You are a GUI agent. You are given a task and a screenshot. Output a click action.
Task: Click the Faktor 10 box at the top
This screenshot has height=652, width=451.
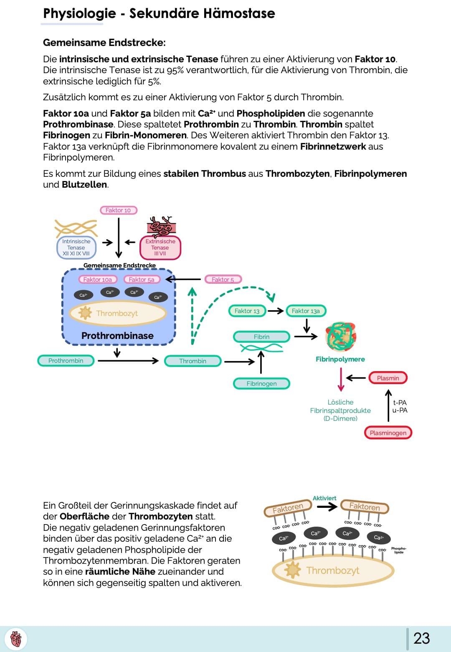coord(119,210)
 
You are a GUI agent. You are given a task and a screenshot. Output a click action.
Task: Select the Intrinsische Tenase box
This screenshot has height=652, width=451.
coord(76,247)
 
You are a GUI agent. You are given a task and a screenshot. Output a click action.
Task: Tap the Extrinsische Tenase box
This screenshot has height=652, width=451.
coord(160,247)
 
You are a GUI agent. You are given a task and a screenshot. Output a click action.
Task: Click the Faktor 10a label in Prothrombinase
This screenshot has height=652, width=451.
coord(98,280)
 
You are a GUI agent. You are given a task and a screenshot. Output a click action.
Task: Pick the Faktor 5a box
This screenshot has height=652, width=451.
coord(142,280)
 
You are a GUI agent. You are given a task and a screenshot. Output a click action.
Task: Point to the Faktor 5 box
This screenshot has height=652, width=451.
coord(223,280)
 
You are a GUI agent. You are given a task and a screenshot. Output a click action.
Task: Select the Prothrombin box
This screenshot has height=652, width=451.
coord(66,361)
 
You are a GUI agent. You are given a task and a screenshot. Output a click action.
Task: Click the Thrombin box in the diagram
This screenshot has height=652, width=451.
coord(193,361)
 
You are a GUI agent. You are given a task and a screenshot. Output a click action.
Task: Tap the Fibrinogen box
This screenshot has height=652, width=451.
coord(261,384)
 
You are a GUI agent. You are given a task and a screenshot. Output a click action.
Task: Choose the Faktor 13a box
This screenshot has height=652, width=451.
coord(306,311)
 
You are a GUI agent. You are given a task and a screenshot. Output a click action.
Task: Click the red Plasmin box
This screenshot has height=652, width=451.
coord(388,378)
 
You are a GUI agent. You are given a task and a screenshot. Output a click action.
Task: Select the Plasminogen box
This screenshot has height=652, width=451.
coord(388,433)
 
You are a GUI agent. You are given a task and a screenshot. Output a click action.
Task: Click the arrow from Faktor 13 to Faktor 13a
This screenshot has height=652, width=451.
coord(276,311)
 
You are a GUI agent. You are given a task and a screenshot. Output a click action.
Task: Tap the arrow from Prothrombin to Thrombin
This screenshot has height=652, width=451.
coord(128,361)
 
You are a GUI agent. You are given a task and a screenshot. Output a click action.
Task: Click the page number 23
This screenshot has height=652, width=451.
coord(421,638)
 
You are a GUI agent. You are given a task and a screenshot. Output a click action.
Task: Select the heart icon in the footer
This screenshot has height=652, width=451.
coord(16,639)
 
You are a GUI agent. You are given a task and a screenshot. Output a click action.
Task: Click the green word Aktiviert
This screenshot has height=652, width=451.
coord(324,498)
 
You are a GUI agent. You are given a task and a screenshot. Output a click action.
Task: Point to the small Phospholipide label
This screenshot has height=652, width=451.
coord(399,550)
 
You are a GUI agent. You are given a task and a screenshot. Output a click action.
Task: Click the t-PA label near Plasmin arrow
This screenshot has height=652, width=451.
coord(400,402)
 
